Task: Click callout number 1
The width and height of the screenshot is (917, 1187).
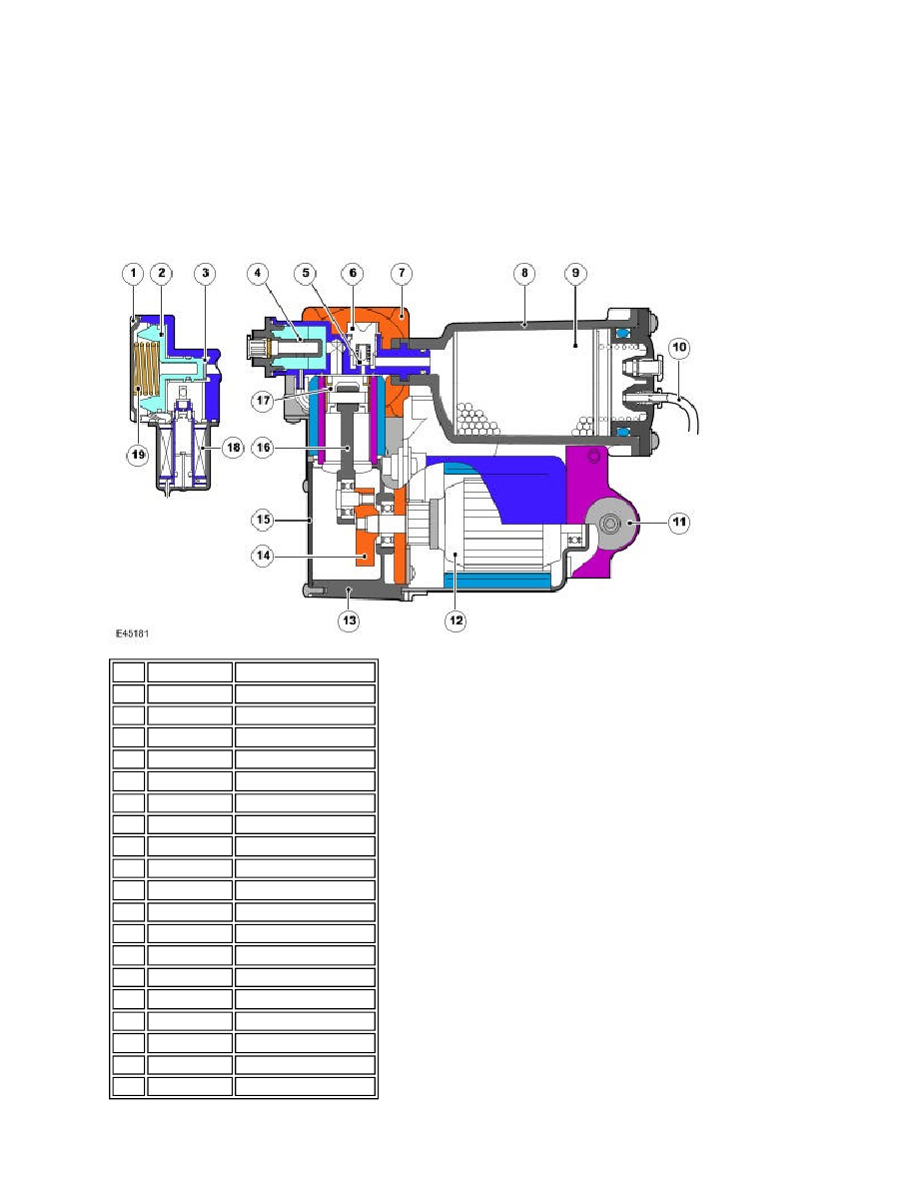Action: click(133, 274)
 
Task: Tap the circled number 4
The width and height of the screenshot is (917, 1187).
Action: click(258, 274)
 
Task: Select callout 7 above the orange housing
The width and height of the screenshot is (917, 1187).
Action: click(402, 274)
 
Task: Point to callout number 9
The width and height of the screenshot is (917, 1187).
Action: click(575, 274)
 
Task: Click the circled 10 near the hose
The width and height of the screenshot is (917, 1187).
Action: click(679, 348)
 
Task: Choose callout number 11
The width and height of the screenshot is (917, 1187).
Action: click(679, 522)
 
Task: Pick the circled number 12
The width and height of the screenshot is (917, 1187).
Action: click(456, 620)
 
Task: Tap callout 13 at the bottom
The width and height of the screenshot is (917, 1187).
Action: click(349, 620)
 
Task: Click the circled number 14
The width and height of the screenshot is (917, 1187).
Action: click(263, 556)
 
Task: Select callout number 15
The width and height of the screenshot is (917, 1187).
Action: click(263, 520)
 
